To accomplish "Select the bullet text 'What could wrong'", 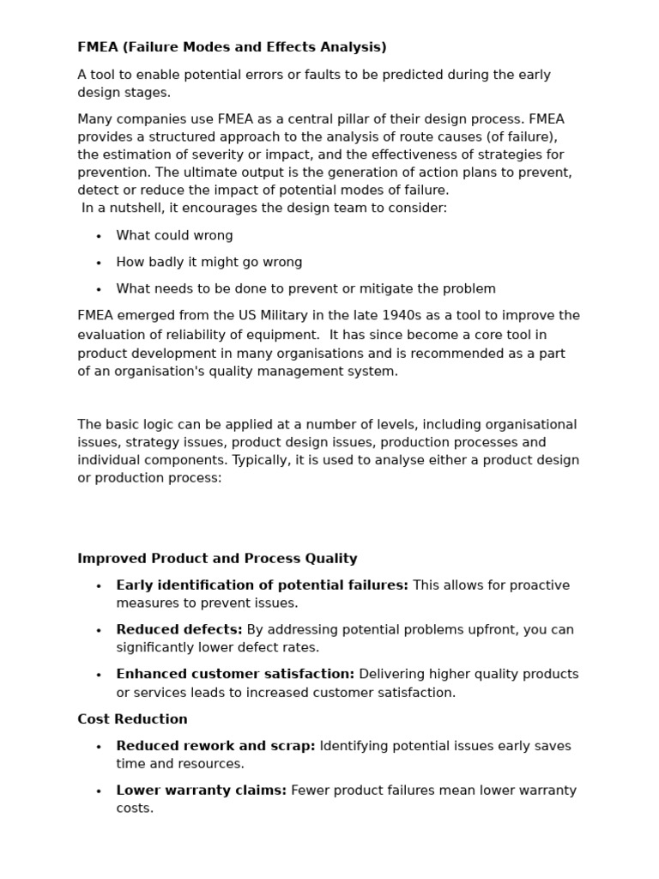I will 174,235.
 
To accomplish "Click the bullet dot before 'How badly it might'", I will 99,264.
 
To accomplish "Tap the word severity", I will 229,155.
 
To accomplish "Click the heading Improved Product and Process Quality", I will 217,559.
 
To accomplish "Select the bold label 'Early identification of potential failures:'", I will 262,585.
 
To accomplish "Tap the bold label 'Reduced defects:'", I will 178,630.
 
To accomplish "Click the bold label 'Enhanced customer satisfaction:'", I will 235,675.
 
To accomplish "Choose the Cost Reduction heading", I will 132,719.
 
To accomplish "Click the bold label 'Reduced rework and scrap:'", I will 215,747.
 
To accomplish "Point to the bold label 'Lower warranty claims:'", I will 201,791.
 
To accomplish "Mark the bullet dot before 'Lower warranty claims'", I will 99,791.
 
